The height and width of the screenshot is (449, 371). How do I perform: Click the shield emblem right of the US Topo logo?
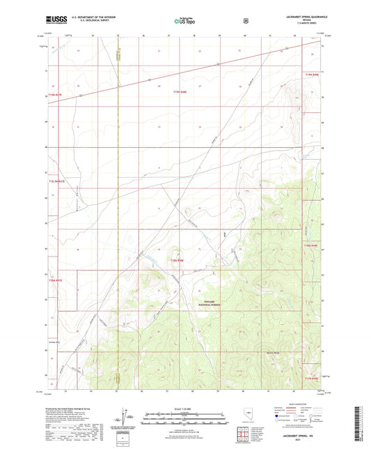[244, 21]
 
